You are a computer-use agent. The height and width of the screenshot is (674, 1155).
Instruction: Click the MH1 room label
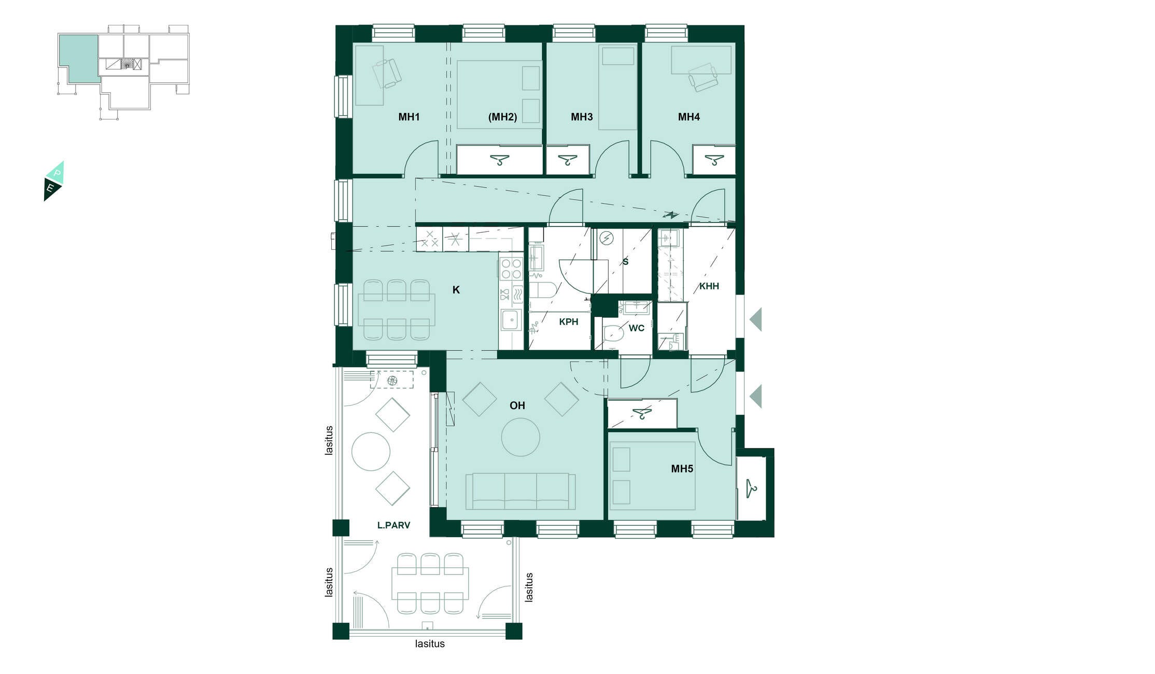pyautogui.click(x=409, y=117)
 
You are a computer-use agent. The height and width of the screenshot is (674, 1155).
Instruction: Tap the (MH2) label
pyautogui.click(x=502, y=117)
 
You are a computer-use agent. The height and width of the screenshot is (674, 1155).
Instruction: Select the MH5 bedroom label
pyautogui.click(x=682, y=469)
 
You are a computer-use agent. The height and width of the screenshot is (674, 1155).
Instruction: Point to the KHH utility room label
pyautogui.click(x=709, y=286)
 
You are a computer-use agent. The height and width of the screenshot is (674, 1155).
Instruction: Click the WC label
pyautogui.click(x=636, y=328)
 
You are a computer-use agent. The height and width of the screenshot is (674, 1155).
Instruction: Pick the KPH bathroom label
pyautogui.click(x=568, y=322)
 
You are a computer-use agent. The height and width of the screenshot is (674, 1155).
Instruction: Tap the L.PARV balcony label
pyautogui.click(x=393, y=525)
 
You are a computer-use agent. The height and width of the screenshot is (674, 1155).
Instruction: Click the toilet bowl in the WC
pyautogui.click(x=613, y=333)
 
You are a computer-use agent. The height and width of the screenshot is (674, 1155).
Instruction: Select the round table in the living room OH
pyautogui.click(x=520, y=437)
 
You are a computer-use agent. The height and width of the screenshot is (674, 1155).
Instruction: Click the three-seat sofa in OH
pyautogui.click(x=520, y=491)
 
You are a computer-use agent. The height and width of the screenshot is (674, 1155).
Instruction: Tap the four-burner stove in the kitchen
pyautogui.click(x=511, y=269)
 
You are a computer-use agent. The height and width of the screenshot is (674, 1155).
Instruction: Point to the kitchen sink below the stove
pyautogui.click(x=511, y=319)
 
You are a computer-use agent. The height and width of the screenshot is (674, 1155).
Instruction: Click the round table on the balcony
pyautogui.click(x=371, y=452)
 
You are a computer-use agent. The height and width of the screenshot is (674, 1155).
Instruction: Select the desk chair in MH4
pyautogui.click(x=703, y=77)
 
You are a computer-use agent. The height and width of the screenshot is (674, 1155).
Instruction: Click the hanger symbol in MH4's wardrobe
pyautogui.click(x=714, y=160)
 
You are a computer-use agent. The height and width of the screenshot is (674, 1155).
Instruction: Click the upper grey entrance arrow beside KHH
pyautogui.click(x=755, y=319)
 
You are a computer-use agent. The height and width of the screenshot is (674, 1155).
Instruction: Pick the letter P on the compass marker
pyautogui.click(x=57, y=173)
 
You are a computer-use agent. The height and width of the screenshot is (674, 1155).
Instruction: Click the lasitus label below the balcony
pyautogui.click(x=430, y=644)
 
